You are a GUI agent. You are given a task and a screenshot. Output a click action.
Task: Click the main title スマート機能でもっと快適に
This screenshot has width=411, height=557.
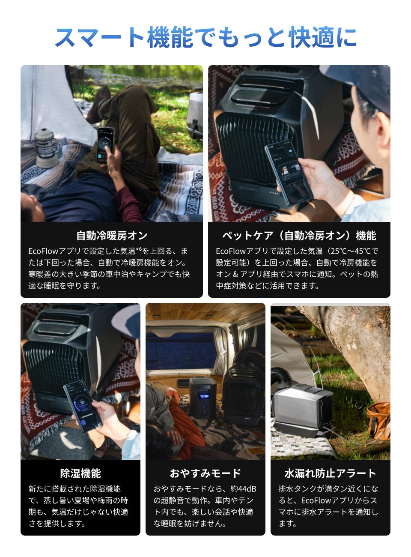205,37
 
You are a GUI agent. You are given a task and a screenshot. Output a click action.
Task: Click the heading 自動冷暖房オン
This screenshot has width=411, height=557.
112,236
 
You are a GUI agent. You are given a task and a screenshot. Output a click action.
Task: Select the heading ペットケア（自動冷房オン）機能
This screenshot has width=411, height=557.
299,236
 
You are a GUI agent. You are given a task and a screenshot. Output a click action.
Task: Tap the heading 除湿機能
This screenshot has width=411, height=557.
80,473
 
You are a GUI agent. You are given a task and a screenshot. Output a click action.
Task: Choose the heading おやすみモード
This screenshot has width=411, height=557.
205,473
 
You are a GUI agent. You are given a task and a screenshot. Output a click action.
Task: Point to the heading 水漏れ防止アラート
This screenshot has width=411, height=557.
330,473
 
